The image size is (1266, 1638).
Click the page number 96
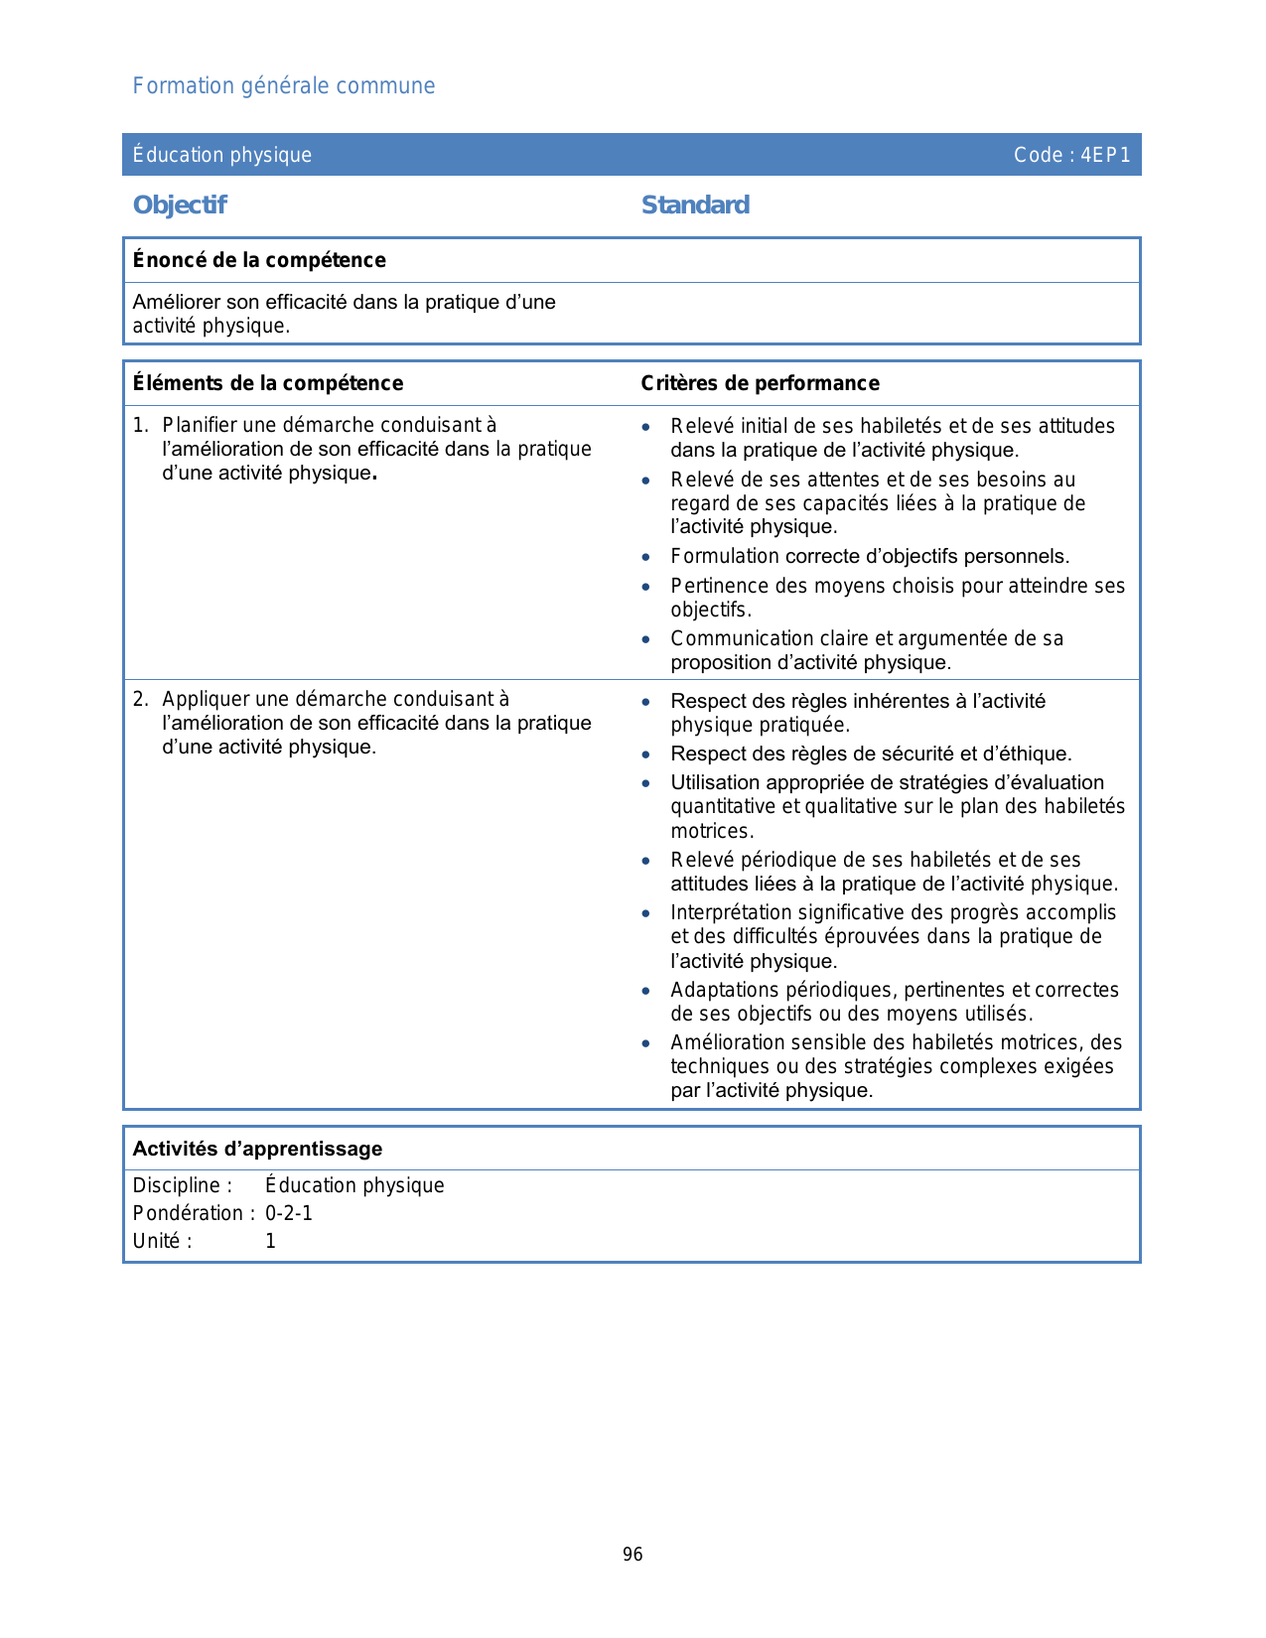(633, 1555)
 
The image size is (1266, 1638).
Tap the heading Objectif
(180, 205)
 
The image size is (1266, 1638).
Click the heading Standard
(695, 205)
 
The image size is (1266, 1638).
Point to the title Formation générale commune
(284, 86)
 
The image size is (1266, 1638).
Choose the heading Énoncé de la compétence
(259, 260)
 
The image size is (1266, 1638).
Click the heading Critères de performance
(760, 383)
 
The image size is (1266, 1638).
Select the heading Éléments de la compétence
(268, 383)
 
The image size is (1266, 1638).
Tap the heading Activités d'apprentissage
(257, 1149)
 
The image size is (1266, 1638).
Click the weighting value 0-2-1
(289, 1213)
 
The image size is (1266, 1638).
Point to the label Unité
(162, 1241)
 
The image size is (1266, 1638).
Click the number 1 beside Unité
(270, 1241)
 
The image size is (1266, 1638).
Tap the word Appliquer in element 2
(203, 699)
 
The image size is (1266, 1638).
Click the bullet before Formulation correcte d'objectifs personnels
(646, 558)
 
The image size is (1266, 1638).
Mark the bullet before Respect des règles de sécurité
(646, 754)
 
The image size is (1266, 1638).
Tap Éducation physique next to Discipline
(354, 1185)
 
